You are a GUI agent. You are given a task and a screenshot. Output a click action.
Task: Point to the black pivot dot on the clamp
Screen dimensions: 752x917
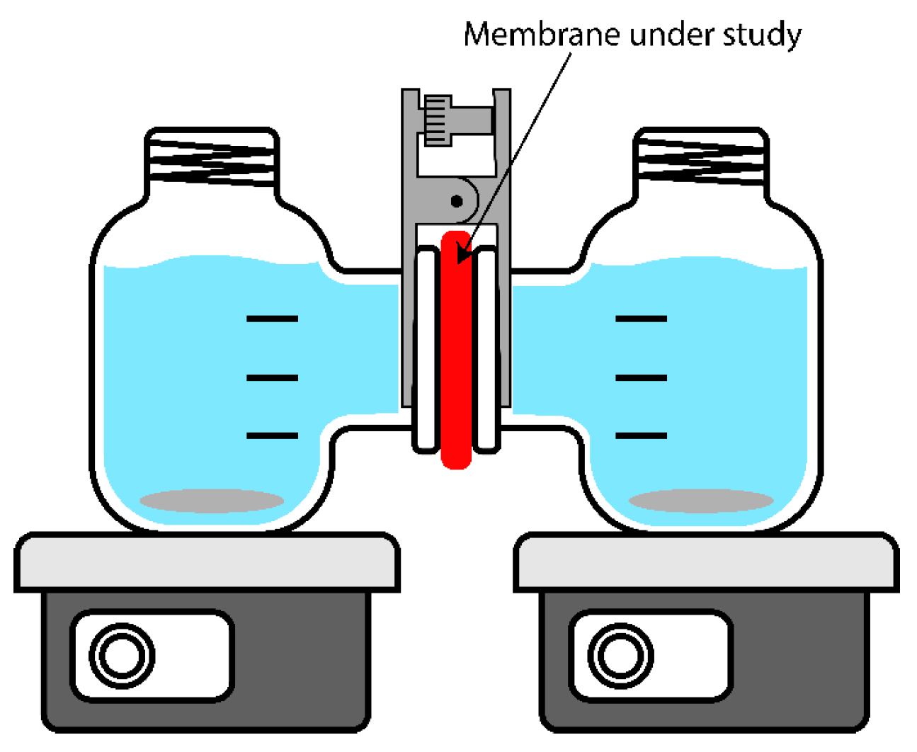click(457, 202)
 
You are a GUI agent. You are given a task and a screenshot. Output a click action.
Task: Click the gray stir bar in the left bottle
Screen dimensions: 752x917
click(212, 501)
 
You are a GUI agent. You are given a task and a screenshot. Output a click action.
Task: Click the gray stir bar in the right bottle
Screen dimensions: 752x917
click(701, 501)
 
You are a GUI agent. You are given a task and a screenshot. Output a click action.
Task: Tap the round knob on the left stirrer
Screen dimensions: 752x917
click(122, 656)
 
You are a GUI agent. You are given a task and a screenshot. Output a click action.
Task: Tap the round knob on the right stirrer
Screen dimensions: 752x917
click(620, 656)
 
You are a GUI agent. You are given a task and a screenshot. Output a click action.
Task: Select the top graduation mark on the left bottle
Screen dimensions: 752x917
click(272, 319)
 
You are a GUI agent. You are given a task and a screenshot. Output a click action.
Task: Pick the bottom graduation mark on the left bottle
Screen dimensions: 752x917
click(272, 435)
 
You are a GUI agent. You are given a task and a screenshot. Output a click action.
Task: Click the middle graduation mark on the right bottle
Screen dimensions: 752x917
click(641, 377)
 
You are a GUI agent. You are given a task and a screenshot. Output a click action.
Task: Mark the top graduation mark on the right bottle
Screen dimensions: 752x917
click(641, 319)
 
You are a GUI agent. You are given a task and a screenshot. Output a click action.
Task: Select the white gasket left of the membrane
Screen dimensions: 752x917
click(426, 351)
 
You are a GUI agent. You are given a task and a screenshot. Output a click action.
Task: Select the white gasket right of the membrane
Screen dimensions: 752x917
click(487, 351)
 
